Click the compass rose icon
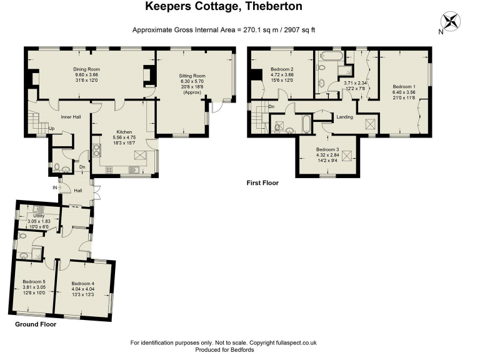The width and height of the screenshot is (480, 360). pyautogui.click(x=450, y=22)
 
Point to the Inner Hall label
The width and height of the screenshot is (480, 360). pyautogui.click(x=71, y=117)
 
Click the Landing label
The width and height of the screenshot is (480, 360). pyautogui.click(x=345, y=117)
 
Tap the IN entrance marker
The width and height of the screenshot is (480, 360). pyautogui.click(x=55, y=187)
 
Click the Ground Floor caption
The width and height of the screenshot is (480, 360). pyautogui.click(x=36, y=324)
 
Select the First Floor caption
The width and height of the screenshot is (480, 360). pyautogui.click(x=262, y=182)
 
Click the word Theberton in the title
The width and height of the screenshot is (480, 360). pyautogui.click(x=274, y=6)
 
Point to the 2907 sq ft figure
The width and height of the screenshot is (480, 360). pyautogui.click(x=300, y=30)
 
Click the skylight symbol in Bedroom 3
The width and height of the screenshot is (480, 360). pyautogui.click(x=347, y=156)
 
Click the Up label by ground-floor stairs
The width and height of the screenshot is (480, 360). pyautogui.click(x=51, y=129)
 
